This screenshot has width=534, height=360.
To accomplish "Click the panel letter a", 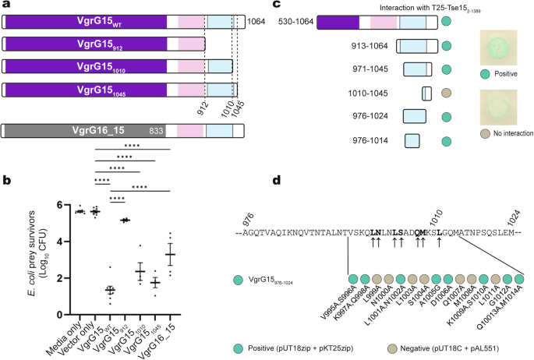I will pos(5,6).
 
